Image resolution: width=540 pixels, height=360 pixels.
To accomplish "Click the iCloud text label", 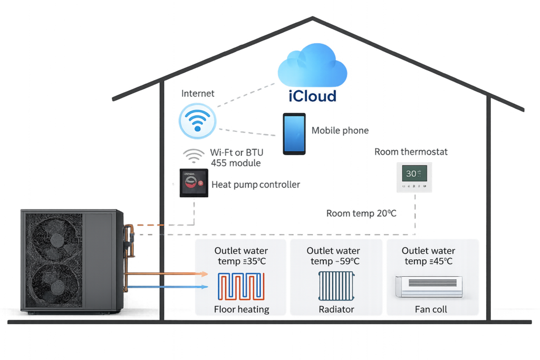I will tap(313, 96).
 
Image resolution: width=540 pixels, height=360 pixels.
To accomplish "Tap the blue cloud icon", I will tap(313, 69).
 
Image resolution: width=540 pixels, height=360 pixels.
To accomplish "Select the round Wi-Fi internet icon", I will tap(197, 121).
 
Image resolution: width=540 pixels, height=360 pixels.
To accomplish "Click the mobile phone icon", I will tap(294, 133).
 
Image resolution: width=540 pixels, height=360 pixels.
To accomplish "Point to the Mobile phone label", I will tap(340, 131).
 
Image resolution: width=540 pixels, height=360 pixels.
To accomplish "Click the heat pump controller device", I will tap(194, 183).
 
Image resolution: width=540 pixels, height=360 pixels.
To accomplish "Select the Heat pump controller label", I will tap(256, 184).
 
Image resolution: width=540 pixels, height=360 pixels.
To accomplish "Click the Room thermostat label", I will tap(411, 152).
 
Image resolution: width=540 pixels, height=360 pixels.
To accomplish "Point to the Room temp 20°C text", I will tap(361, 213).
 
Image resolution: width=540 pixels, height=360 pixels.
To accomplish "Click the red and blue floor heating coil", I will tap(241, 286).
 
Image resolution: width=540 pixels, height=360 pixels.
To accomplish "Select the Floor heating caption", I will tap(242, 309).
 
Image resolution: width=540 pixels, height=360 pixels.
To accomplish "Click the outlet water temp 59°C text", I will tap(333, 256).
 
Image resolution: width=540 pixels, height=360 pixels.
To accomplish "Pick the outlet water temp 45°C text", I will tap(428, 256).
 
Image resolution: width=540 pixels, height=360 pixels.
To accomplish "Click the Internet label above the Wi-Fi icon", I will tap(198, 94).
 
